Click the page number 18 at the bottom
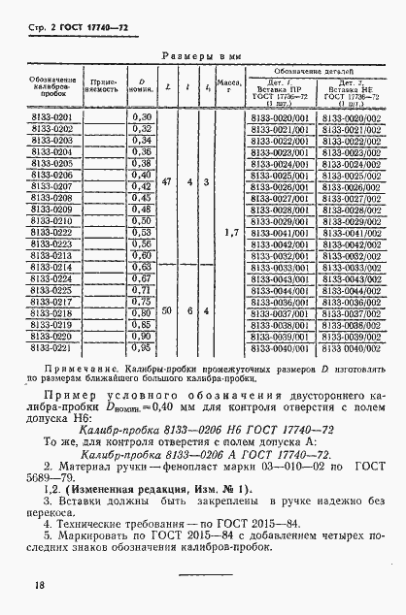(x=37, y=585)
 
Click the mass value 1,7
(x=230, y=233)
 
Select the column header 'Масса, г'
(x=230, y=89)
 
